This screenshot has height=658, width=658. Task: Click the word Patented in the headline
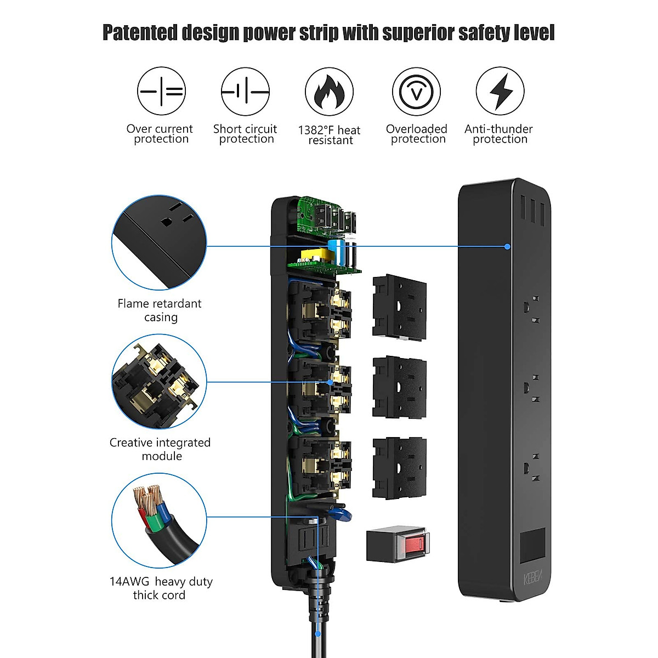pyautogui.click(x=140, y=33)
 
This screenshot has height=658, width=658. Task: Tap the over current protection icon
pyautogui.click(x=161, y=91)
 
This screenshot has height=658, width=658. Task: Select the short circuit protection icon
pyautogui.click(x=245, y=91)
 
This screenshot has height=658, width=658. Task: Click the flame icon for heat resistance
pyautogui.click(x=329, y=91)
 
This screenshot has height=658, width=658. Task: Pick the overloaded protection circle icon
pyautogui.click(x=416, y=91)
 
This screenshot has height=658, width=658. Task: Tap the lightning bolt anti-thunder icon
pyautogui.click(x=500, y=91)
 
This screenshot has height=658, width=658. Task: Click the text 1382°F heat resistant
pyautogui.click(x=329, y=135)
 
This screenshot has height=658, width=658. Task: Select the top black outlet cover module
pyautogui.click(x=399, y=307)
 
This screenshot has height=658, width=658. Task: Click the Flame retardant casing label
pyautogui.click(x=160, y=310)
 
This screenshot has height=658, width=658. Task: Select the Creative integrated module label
pyautogui.click(x=160, y=449)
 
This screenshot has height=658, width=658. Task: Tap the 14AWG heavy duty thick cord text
pyautogui.click(x=161, y=588)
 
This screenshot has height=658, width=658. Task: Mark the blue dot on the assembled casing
pyautogui.click(x=507, y=247)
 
